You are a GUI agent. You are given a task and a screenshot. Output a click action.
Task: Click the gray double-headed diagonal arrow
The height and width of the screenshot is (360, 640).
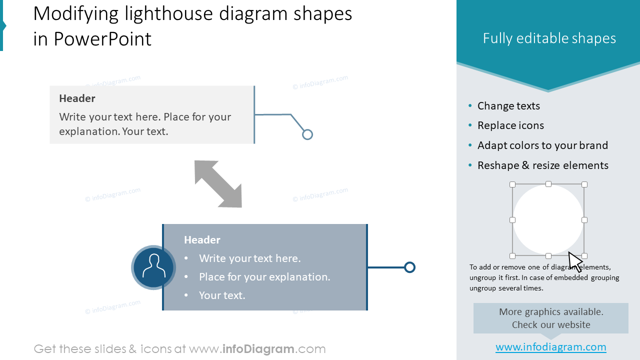coord(218,183)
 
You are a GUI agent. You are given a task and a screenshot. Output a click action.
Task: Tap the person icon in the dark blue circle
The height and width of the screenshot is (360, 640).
coord(153,267)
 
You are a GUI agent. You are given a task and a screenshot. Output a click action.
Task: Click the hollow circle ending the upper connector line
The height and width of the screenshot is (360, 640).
coord(307,134)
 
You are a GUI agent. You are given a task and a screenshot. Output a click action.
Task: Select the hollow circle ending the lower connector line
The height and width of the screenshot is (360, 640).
coord(409,267)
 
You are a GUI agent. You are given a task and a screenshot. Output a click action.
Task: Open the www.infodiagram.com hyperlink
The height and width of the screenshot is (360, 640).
coord(550,347)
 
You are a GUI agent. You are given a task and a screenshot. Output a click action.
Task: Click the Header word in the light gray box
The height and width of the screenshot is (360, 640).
coord(77,98)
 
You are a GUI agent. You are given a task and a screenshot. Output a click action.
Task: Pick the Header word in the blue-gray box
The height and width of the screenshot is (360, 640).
coord(202,240)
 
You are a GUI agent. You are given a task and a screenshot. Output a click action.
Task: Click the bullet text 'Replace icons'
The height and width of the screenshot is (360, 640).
coord(510,125)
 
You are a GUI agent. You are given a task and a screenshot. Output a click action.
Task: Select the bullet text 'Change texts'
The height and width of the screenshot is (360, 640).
coord(508,106)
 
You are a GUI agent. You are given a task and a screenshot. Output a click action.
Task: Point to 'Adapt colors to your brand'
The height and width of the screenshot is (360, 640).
coord(542,145)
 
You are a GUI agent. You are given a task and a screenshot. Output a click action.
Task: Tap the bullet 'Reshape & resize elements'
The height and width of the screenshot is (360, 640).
coord(542,165)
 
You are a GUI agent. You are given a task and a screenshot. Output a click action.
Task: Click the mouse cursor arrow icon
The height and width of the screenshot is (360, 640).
coord(575,261)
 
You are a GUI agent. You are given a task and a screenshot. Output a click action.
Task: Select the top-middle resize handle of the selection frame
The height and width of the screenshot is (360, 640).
coord(548,184)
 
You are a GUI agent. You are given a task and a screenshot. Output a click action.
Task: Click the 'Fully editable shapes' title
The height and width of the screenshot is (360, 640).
coord(549,38)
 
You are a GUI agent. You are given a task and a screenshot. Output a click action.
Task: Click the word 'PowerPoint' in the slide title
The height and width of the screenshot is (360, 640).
coord(102,39)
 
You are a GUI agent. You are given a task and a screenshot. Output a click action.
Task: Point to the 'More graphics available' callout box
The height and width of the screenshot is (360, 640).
coord(550,318)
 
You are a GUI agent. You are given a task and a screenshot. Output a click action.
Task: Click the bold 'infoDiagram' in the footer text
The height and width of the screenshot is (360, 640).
coord(258,349)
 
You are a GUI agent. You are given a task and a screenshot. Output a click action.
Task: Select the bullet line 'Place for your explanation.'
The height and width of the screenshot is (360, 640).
coord(264,277)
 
